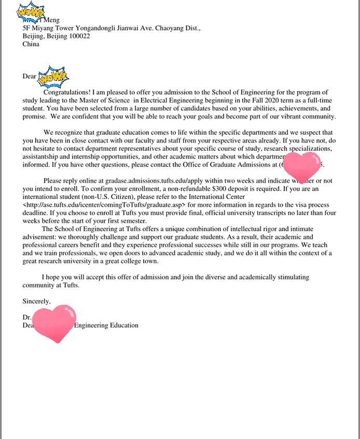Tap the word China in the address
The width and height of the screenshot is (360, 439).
point(31,44)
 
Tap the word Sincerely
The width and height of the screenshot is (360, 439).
point(36,301)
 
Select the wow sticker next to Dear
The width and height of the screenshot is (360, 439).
point(54,77)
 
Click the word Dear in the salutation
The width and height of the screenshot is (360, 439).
point(30,77)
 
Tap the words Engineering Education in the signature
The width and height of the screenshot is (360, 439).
point(106,325)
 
